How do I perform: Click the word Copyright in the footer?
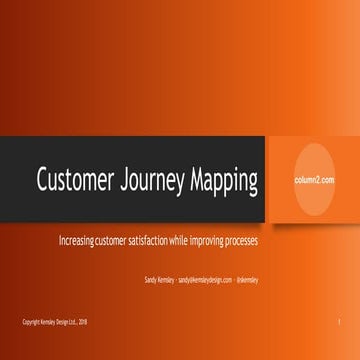click(31, 321)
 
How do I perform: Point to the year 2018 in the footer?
click(84, 321)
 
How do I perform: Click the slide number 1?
click(340, 321)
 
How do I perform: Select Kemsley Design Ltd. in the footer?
click(58, 321)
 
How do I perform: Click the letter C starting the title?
click(43, 182)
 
